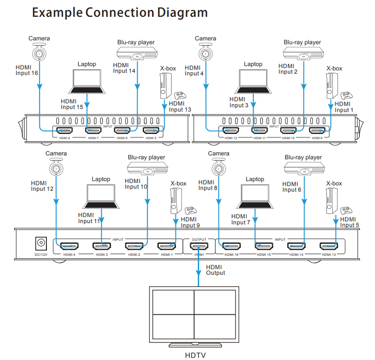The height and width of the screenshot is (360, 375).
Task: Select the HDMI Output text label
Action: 216,270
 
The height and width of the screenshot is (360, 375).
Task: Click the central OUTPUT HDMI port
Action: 199,246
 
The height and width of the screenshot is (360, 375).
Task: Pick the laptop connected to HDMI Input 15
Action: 87,81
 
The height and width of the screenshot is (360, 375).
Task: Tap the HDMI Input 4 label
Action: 194,70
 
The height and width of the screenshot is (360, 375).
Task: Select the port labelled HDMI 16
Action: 232,246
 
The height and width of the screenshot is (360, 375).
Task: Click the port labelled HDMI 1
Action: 166,246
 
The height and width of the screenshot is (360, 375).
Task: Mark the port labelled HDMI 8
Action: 64,131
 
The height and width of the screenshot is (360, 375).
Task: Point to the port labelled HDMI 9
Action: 319,131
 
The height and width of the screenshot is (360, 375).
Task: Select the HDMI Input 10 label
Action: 136,184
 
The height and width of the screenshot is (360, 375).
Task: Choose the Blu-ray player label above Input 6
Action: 303,157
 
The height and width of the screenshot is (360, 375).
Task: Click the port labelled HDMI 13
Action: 329,246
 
